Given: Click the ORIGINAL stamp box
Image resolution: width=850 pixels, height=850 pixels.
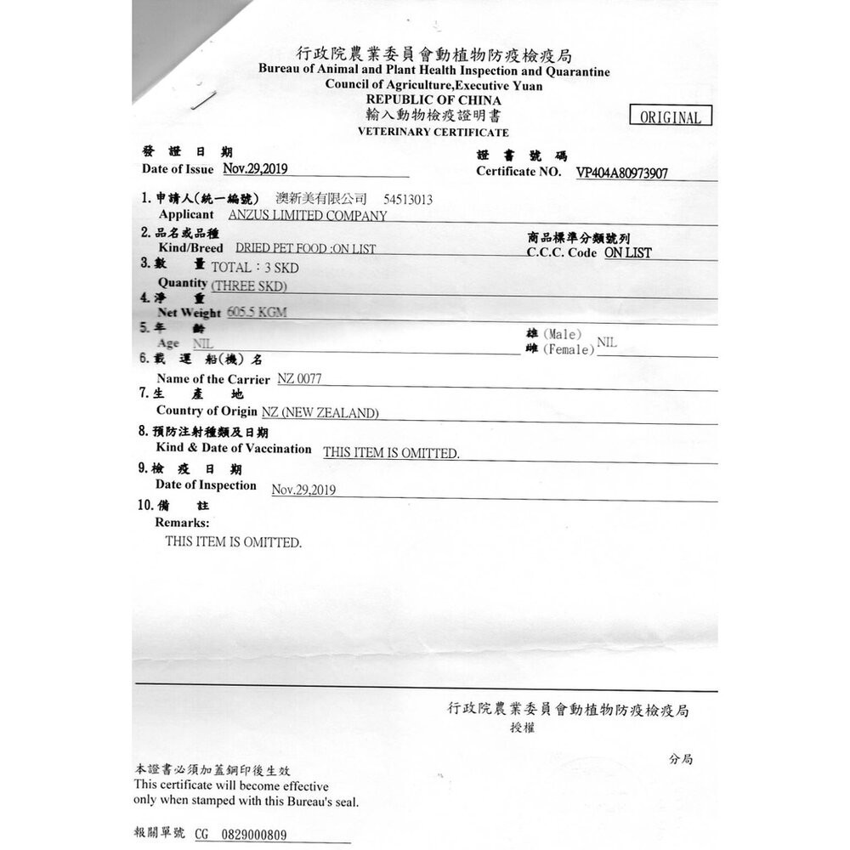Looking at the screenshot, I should pos(671,117).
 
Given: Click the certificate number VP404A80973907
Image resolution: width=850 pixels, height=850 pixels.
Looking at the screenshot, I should pos(621,173).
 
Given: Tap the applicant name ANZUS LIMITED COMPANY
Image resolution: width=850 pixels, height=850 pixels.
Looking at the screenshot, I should pos(308,215).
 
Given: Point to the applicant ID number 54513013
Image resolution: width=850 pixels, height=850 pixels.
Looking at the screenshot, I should pos(408,199).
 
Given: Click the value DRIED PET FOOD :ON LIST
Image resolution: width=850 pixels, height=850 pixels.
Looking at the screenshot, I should pos(305,248).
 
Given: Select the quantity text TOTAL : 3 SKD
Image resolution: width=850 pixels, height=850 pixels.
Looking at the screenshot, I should pos(255,267).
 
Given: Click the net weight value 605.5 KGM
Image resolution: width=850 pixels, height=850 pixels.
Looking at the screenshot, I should pos(252,312).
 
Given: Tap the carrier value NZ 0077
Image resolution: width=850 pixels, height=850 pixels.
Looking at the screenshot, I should pos(300,378).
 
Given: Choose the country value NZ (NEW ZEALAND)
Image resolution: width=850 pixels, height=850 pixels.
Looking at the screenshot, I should pos(320,412).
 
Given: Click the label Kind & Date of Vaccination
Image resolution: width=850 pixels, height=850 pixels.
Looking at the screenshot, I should pos(234,448).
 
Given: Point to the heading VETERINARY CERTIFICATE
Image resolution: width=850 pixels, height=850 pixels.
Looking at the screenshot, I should pos(433,133).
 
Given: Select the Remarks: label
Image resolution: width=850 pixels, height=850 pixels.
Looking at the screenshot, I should pos(182,523).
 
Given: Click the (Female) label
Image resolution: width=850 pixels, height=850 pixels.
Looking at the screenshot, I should pos(569,349).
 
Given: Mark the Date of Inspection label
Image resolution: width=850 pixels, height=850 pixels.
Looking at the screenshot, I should pos(206,485).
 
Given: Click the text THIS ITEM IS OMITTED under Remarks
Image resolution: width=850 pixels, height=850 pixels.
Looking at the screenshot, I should pos(233,541).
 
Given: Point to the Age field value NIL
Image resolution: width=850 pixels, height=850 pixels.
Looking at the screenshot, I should pos(203,343).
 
